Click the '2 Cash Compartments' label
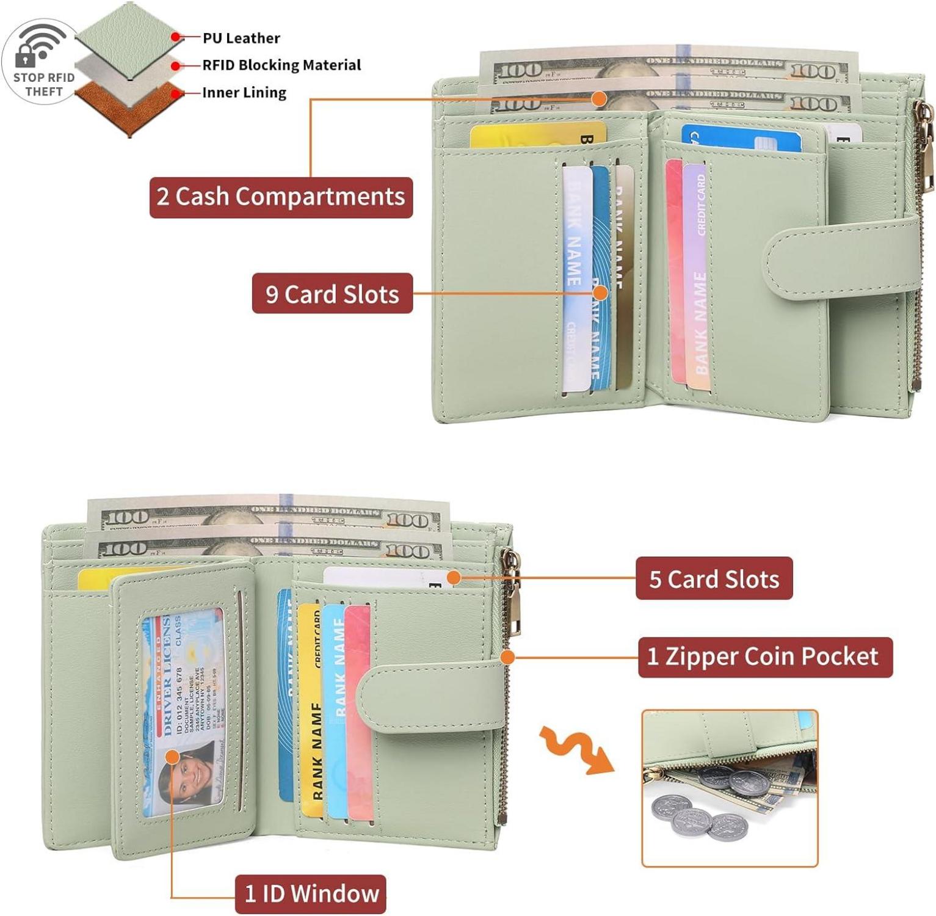(281, 197)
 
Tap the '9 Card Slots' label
(332, 294)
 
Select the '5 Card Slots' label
(714, 578)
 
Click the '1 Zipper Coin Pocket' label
(764, 657)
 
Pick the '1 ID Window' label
(311, 894)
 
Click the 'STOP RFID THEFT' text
(44, 84)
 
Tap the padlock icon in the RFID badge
(26, 56)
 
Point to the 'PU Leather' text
(241, 38)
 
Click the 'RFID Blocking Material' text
(281, 65)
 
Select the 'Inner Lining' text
(244, 92)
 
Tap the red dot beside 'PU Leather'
(176, 37)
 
